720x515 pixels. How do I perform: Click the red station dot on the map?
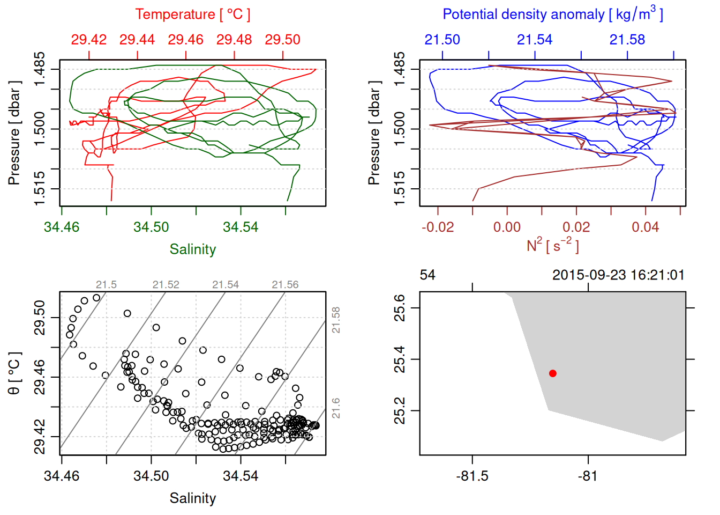click(553, 373)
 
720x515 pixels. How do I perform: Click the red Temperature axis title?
click(192, 14)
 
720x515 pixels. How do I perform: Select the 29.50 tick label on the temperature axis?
click(282, 40)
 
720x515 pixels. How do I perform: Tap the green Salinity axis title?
click(192, 249)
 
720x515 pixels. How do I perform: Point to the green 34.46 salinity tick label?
click(62, 227)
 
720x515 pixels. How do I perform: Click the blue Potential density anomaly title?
click(552, 14)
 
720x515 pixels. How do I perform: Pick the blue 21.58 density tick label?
click(627, 40)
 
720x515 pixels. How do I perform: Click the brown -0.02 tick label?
click(438, 227)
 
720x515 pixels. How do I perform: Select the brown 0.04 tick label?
click(645, 227)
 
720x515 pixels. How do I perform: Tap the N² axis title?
click(552, 246)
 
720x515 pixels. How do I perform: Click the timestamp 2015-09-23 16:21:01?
click(618, 275)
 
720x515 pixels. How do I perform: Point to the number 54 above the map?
click(427, 275)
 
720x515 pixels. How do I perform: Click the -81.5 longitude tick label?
click(472, 476)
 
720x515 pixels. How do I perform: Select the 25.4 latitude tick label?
click(400, 359)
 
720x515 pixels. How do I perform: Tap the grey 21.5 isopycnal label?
click(106, 285)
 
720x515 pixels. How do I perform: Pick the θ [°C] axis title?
click(14, 373)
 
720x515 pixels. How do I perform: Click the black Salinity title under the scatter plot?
click(192, 498)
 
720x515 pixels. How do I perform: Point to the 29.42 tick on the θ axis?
click(40, 437)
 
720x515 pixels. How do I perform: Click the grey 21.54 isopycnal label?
click(225, 285)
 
